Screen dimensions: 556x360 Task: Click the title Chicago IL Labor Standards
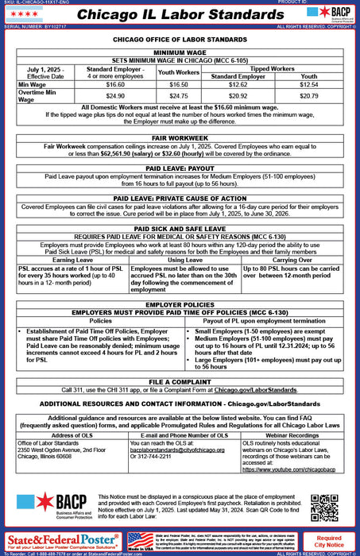pyautogui.click(x=180, y=16)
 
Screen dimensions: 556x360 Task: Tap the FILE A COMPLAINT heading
pyautogui.click(x=180, y=381)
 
